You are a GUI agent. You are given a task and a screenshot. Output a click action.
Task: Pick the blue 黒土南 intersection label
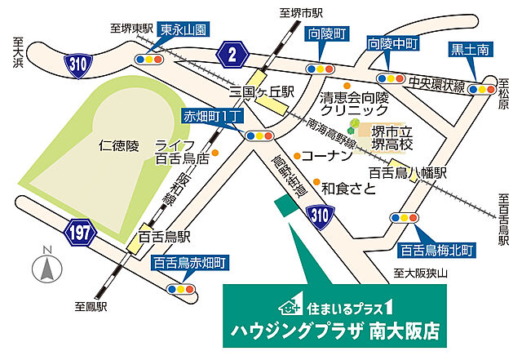pos(470,51)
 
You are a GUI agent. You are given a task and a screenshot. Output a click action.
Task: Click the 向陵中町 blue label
pos(394,42)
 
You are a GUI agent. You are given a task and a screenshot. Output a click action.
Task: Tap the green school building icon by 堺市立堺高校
pos(356,127)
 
